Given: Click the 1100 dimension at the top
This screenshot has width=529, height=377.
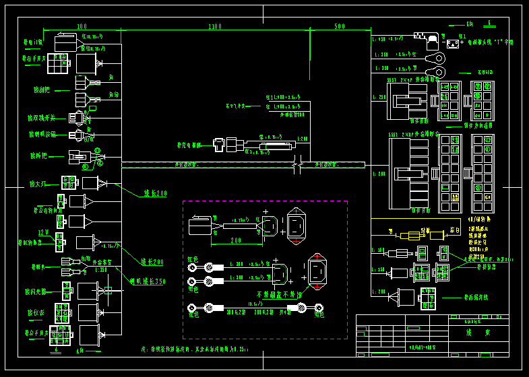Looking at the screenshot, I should [x=214, y=26].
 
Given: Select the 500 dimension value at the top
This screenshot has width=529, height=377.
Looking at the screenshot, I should [x=340, y=26].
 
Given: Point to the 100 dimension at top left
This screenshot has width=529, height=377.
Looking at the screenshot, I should [x=82, y=26].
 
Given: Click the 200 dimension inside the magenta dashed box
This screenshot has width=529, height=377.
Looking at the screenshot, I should [x=235, y=240].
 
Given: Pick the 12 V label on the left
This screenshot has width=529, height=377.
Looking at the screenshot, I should [x=43, y=232].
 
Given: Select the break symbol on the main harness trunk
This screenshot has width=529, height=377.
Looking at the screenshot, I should [x=297, y=164].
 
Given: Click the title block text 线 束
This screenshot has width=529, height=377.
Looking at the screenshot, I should [x=477, y=333].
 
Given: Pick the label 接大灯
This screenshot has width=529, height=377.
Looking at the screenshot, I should [x=37, y=183].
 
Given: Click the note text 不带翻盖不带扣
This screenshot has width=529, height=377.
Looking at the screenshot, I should [x=279, y=294].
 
